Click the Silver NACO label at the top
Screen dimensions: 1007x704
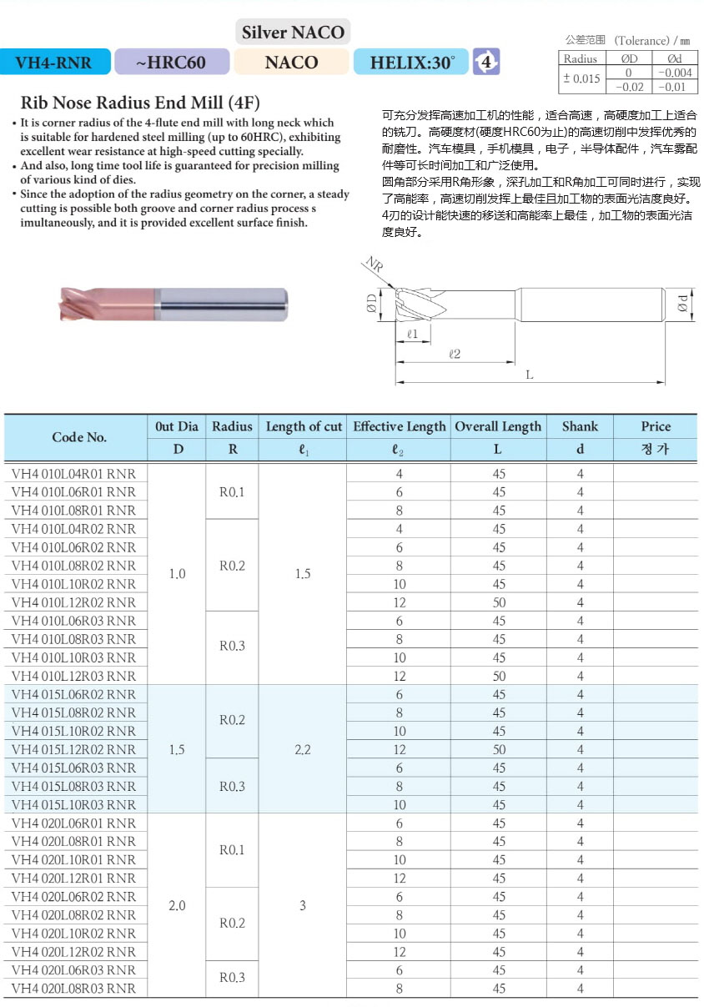point(293,33)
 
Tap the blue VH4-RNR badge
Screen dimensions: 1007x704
point(53,62)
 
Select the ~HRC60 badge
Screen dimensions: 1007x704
point(171,62)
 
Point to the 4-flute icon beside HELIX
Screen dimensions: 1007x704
point(485,61)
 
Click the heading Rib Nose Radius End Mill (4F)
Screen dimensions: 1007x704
point(140,103)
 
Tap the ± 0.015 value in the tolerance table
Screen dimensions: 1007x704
point(581,79)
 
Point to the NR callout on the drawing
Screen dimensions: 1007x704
point(372,264)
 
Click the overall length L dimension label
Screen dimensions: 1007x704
point(529,375)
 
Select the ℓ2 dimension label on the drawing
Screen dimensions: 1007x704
point(455,354)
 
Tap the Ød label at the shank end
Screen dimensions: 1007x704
point(682,305)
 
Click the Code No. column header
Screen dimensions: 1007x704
point(79,437)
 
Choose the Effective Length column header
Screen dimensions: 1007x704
point(399,426)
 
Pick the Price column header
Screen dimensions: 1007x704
point(656,426)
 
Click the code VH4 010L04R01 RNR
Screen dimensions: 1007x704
point(73,474)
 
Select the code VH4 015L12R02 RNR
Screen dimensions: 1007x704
point(73,749)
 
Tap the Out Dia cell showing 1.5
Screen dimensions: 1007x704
point(177,749)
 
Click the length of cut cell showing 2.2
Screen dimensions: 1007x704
point(303,749)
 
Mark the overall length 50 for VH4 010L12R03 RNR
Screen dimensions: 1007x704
point(499,676)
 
